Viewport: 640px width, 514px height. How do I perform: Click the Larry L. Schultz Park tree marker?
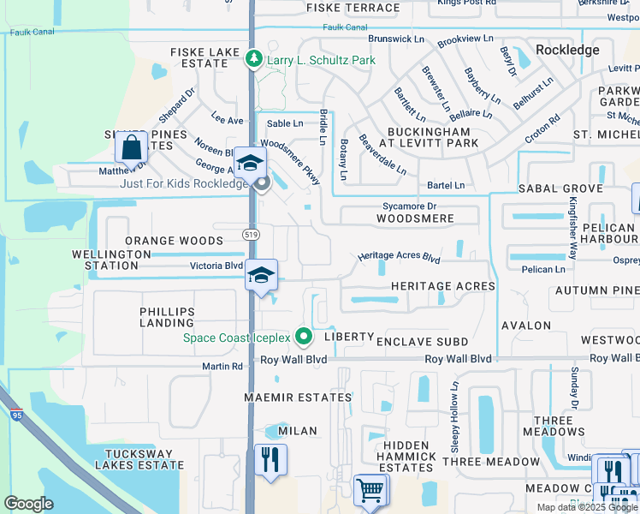pos(253,59)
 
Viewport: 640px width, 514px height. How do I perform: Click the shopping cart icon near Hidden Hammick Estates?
pos(370,491)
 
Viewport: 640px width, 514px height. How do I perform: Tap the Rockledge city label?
pos(567,51)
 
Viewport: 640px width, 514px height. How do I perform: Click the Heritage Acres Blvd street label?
pos(399,257)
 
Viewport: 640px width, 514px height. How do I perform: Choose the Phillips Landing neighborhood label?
pos(167,317)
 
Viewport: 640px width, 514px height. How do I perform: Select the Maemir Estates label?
pos(298,397)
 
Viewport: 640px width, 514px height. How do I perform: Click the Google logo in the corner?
pos(28,504)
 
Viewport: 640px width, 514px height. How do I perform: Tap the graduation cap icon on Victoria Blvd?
pos(262,275)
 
